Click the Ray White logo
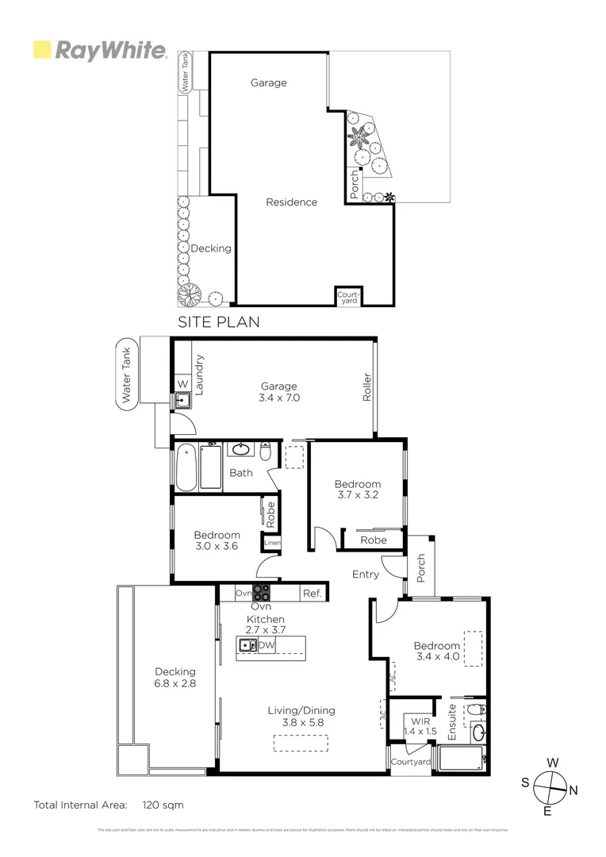tap(99, 51)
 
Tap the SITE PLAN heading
tap(218, 322)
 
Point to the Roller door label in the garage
tap(367, 387)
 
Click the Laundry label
tap(200, 375)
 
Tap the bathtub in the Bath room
tap(185, 468)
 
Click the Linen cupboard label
tap(272, 544)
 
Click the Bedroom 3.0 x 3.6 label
tap(217, 540)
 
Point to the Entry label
tap(366, 575)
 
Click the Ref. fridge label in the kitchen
tap(311, 593)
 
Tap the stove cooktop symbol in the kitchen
tap(262, 593)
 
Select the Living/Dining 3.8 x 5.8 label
tap(301, 717)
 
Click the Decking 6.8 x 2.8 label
tap(175, 677)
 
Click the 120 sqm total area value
tap(163, 805)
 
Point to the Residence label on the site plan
tap(291, 202)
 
